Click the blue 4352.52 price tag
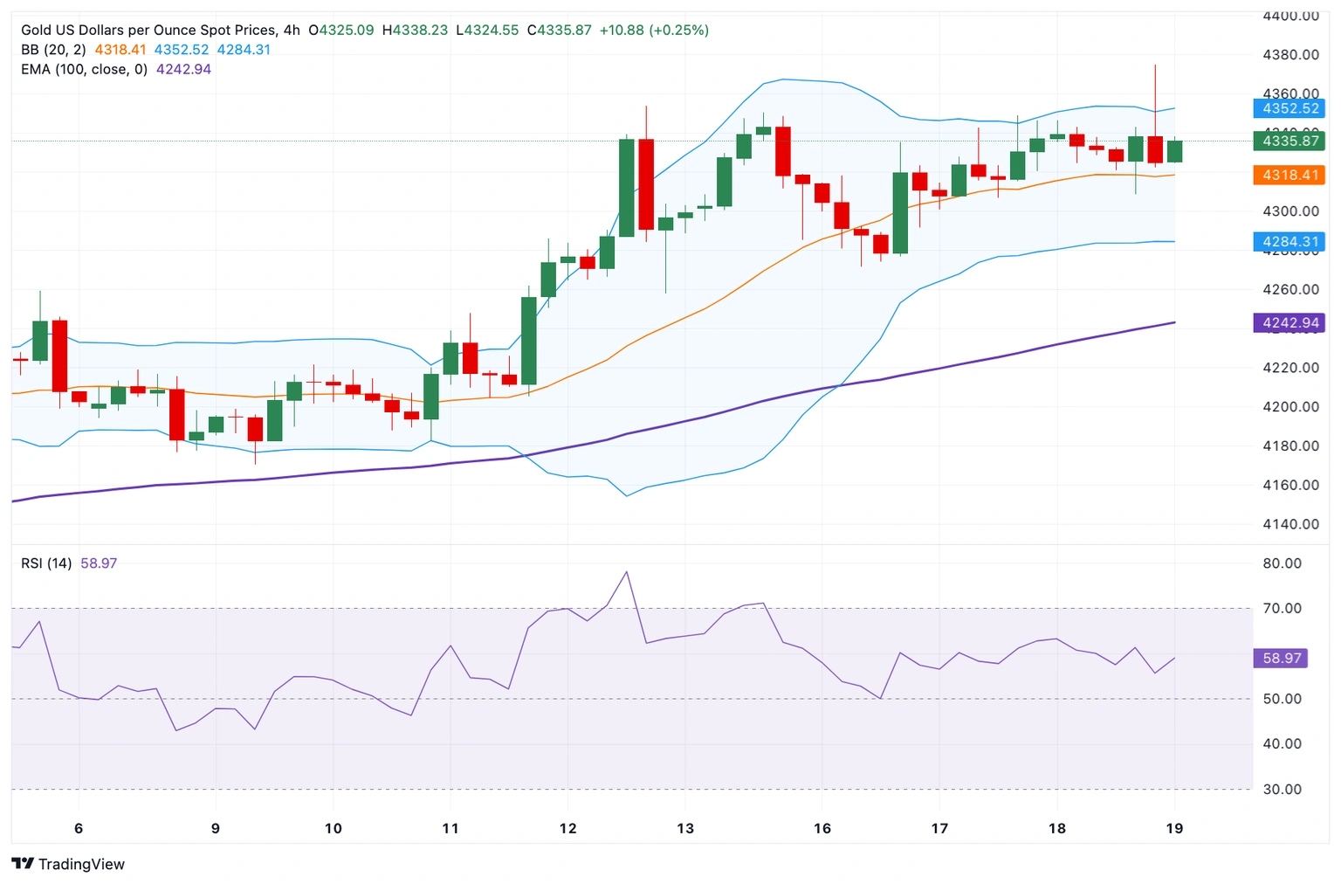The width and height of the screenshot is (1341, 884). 1289,108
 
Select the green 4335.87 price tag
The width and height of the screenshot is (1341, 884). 1289,141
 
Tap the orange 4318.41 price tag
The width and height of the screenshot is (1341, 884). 1289,175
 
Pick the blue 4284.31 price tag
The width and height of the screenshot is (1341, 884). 1289,242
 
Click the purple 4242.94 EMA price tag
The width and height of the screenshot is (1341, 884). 1289,323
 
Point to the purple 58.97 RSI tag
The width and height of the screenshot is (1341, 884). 1281,658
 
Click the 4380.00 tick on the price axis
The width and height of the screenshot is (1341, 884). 1290,55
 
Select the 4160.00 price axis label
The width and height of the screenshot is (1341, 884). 1290,485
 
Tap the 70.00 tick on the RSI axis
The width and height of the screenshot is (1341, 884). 1282,608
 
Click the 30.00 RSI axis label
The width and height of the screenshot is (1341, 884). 1282,789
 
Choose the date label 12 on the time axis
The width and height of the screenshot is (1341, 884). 567,828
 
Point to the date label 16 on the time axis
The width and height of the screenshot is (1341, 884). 822,828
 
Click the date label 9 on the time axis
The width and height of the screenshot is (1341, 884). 216,828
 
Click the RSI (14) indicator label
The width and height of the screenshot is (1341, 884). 46,563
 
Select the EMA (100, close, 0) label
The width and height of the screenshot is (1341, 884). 84,69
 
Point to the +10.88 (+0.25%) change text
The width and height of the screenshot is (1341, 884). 654,30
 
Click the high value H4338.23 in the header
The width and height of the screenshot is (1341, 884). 415,30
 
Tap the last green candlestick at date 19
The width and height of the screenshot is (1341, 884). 1174,151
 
